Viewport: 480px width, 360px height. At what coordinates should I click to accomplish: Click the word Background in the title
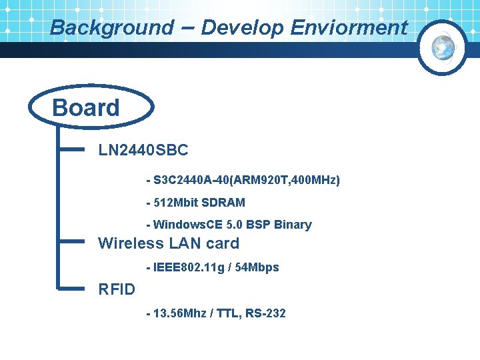pyautogui.click(x=111, y=28)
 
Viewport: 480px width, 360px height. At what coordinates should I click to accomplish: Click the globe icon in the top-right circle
pyautogui.click(x=443, y=46)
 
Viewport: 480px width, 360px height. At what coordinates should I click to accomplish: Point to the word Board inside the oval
pyautogui.click(x=86, y=108)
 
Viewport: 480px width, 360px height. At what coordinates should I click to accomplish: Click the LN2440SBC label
pyautogui.click(x=143, y=151)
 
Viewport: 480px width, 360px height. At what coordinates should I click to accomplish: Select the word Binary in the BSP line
pyautogui.click(x=293, y=225)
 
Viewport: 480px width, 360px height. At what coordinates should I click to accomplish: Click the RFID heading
pyautogui.click(x=117, y=289)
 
